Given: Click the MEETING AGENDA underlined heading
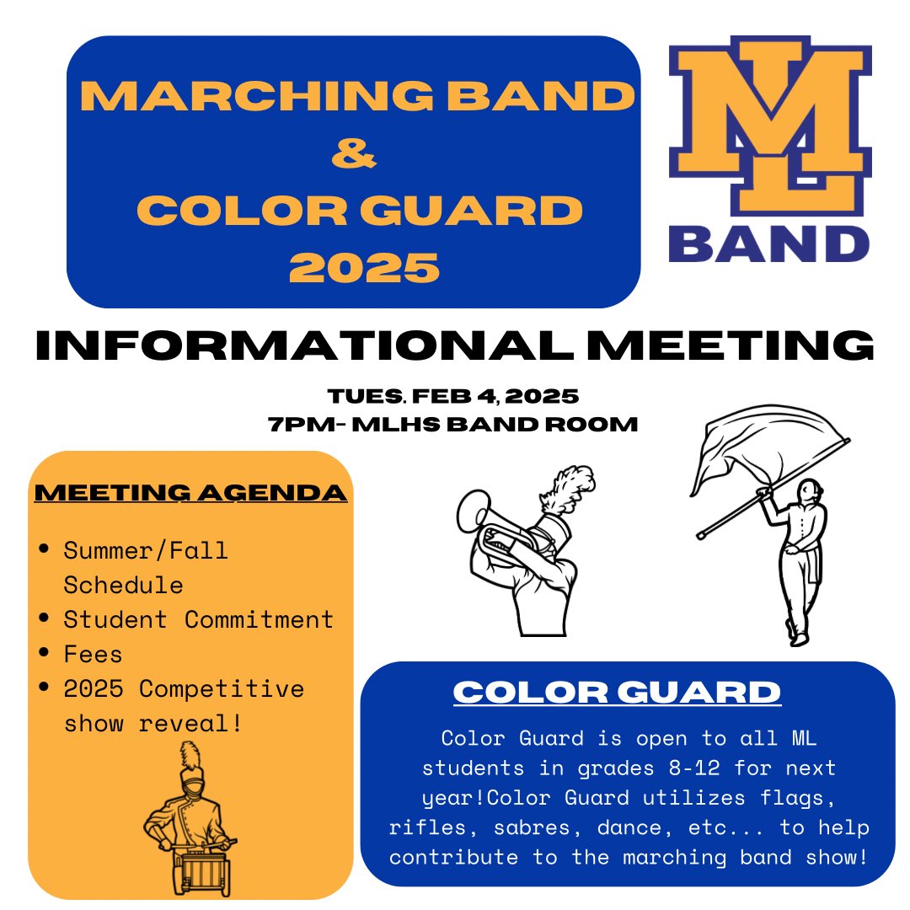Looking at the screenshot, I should click(x=190, y=492).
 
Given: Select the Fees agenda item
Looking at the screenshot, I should click(x=93, y=655).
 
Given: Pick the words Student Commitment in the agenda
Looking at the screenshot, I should click(x=199, y=620).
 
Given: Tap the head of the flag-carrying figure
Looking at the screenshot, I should click(x=810, y=493).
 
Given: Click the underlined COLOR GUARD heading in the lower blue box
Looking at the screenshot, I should click(x=617, y=693).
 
